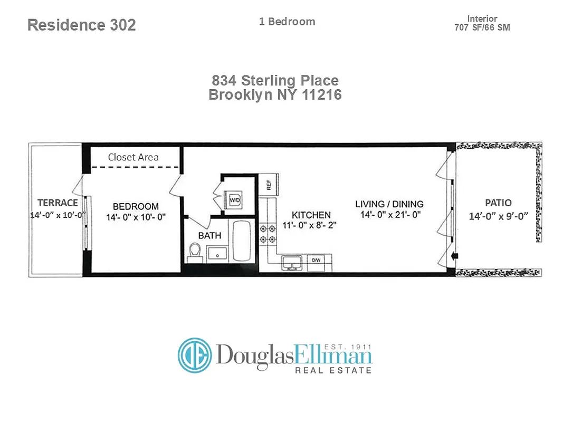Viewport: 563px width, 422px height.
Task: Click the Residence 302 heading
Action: tap(81, 25)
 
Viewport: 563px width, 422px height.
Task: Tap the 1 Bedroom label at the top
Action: tap(287, 22)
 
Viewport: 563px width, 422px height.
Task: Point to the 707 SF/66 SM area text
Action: tap(482, 27)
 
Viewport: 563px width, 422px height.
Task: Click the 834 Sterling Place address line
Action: tap(275, 81)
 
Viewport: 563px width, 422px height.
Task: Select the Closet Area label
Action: tap(133, 157)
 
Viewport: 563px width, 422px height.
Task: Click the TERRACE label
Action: tap(58, 203)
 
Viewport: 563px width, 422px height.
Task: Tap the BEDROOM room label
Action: tap(136, 206)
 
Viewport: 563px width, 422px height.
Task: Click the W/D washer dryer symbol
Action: tap(234, 200)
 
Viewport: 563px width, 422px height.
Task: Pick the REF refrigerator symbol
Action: tap(269, 185)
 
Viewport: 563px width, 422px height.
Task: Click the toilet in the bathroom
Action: tap(195, 252)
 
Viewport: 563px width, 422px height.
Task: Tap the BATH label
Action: tap(209, 235)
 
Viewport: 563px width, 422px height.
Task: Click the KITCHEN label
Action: tap(311, 215)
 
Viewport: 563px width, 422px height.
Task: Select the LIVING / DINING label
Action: tap(389, 204)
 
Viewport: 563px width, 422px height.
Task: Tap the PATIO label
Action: tap(498, 203)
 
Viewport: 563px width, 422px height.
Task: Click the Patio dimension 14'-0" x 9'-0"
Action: tap(498, 216)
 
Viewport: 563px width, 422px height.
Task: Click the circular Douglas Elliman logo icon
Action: tap(194, 355)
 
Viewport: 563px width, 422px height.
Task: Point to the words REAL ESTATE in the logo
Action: tap(332, 370)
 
